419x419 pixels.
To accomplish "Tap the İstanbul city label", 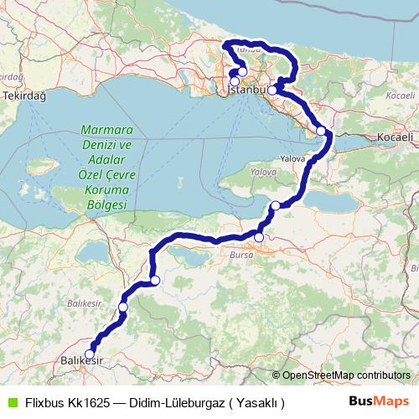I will (246, 88).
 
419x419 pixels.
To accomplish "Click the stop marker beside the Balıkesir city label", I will (90, 354).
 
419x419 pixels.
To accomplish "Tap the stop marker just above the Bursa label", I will (259, 238).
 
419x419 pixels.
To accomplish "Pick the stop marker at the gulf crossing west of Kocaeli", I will (321, 131).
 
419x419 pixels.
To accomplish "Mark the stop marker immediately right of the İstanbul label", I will (272, 89).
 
